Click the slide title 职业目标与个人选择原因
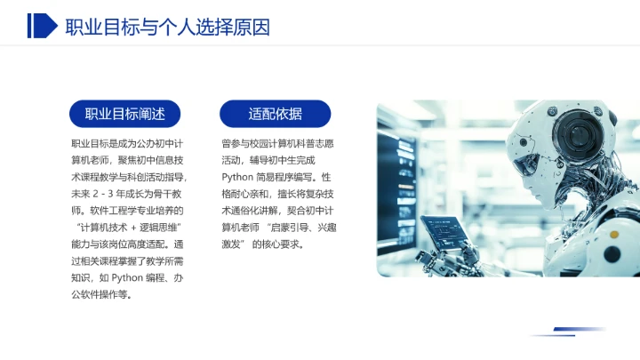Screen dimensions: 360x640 167,27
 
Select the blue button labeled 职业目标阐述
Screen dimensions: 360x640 124,114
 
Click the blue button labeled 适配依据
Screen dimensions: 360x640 275,114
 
